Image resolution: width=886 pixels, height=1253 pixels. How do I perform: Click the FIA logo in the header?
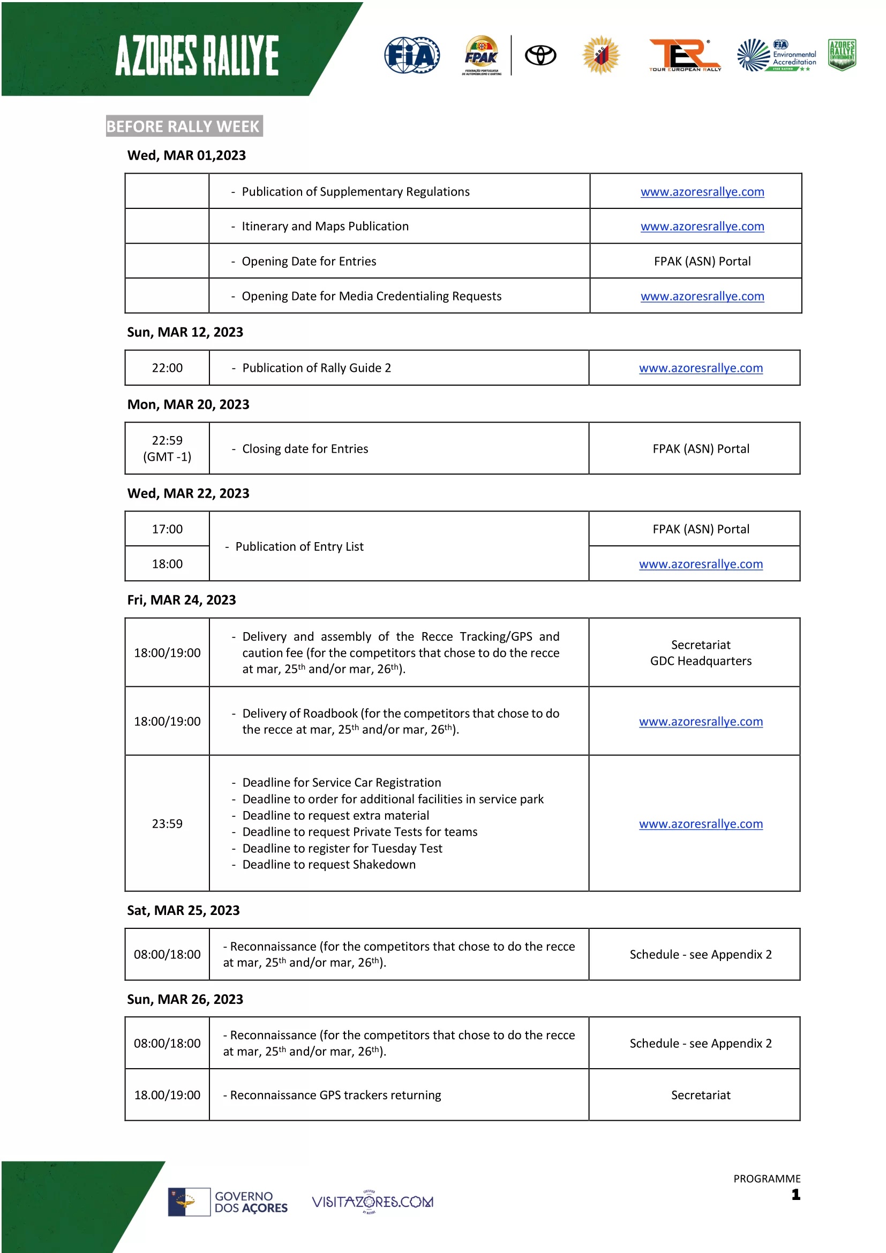coord(412,55)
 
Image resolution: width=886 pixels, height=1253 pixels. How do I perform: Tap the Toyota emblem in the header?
coord(540,55)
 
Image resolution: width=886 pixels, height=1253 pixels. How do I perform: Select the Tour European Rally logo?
coord(685,55)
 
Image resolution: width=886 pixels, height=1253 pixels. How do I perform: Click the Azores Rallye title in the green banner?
coord(197,56)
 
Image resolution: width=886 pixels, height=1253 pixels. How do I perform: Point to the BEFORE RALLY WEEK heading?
coord(184,126)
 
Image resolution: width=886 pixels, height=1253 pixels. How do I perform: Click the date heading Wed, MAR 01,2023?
coord(186,155)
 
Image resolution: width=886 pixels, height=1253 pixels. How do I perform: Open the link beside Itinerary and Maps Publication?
coord(702,227)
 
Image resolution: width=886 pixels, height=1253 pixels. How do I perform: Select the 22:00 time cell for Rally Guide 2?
coord(167,369)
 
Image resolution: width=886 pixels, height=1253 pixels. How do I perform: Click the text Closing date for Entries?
coord(305,449)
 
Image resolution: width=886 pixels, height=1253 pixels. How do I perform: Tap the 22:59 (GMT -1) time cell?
coord(167,448)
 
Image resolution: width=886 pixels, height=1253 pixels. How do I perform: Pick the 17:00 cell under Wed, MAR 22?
coord(167,529)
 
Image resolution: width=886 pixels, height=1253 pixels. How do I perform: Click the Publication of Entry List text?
coord(299,547)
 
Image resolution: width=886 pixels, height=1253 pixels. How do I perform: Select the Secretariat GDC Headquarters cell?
coord(701,653)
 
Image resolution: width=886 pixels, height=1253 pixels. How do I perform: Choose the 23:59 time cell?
coord(167,824)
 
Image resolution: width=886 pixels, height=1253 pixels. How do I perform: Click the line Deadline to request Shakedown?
coord(328,865)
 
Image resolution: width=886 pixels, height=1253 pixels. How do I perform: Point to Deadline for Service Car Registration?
coord(342,783)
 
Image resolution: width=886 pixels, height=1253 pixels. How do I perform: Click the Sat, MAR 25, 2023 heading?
coord(183,911)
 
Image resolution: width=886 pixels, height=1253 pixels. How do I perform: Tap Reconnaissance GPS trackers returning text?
coord(335,1096)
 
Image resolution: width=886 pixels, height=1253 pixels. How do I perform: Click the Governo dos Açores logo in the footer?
coord(228,1202)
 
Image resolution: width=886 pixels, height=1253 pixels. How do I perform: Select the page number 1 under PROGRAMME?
coord(795,1195)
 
